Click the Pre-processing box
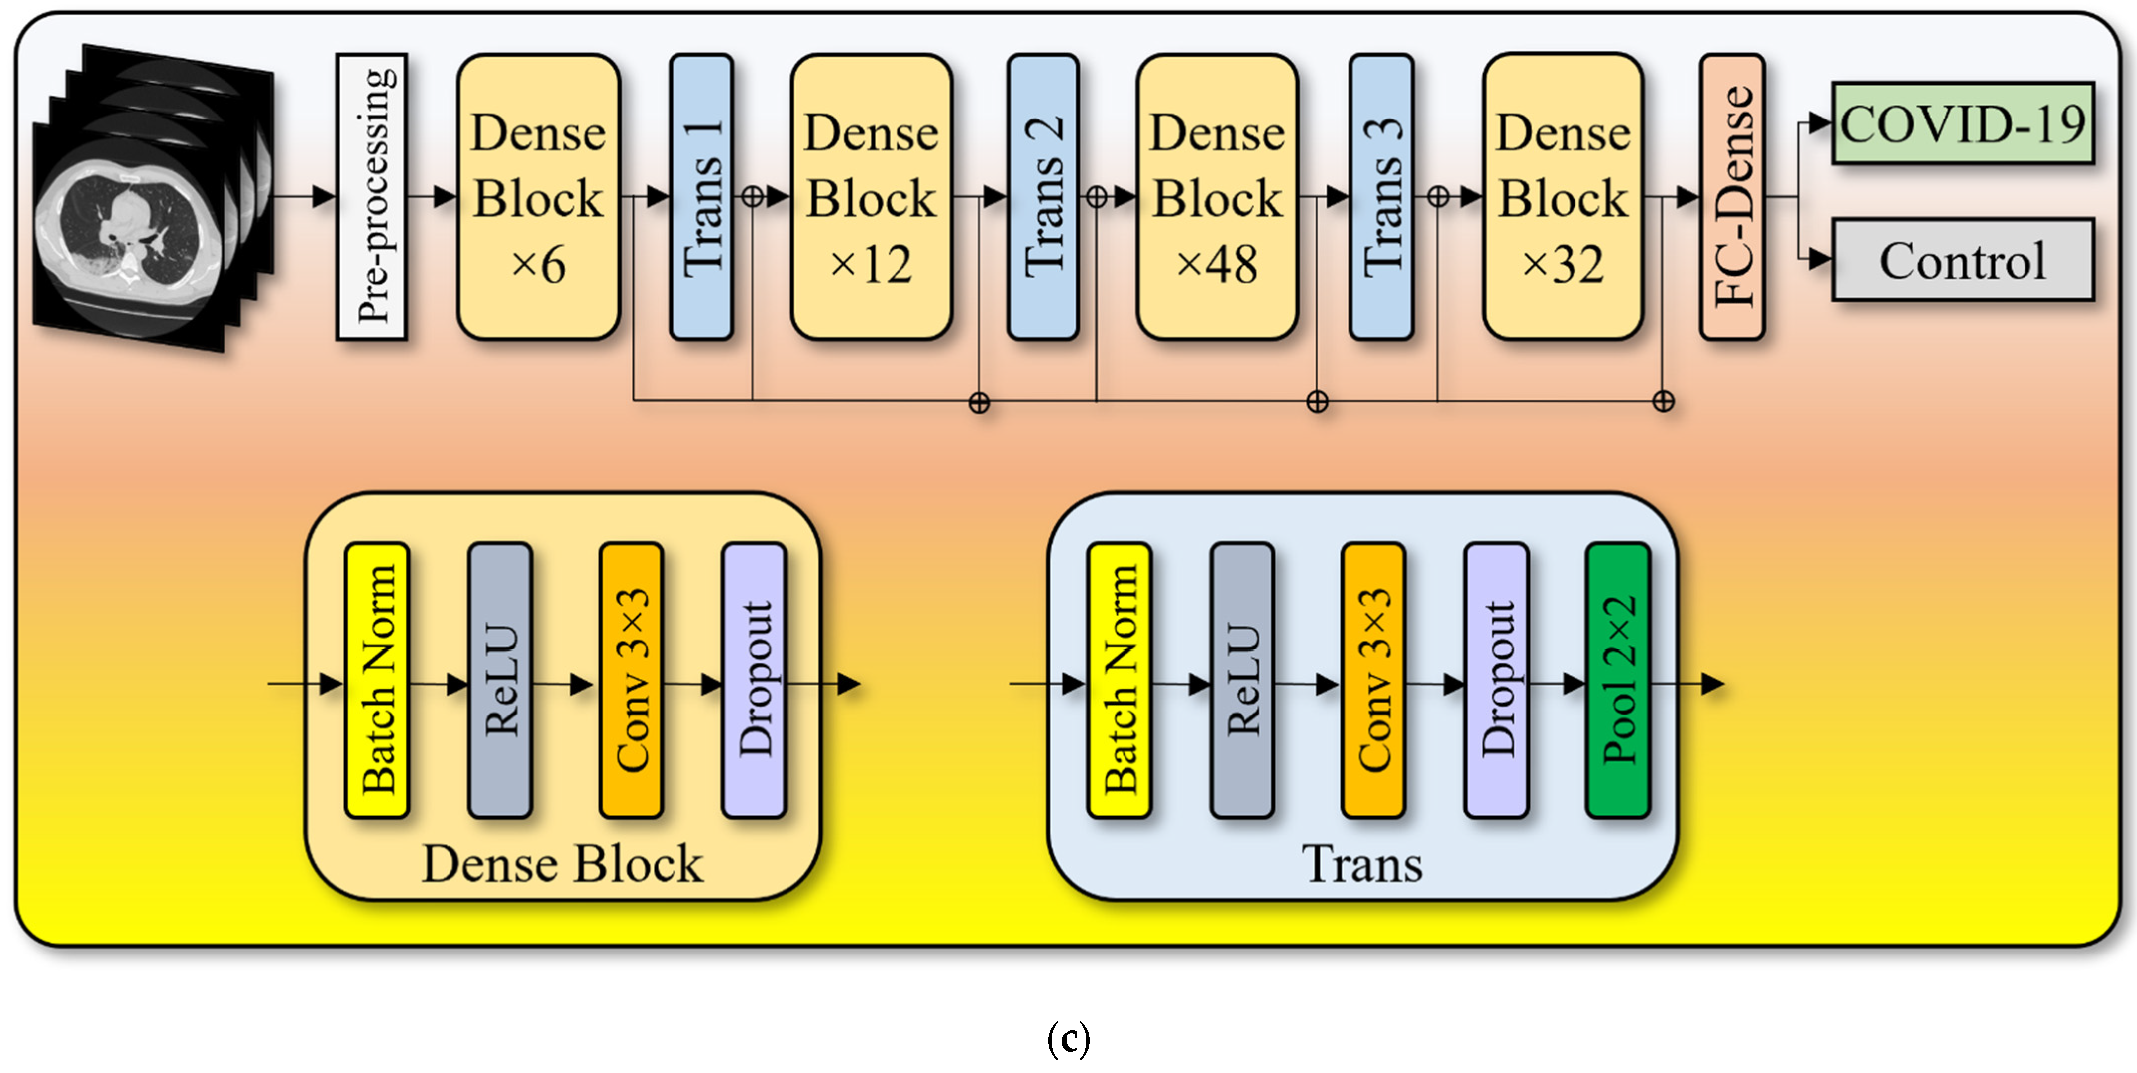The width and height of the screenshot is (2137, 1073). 371,197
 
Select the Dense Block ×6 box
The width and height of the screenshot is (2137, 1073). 539,197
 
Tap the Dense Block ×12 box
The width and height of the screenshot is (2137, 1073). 871,197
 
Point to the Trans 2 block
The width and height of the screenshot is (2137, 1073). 1043,197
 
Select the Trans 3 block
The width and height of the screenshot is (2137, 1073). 1382,197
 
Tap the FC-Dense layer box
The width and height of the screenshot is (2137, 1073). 1731,197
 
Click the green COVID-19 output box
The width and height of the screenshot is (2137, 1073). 1962,123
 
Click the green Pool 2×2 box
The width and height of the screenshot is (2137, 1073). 1618,681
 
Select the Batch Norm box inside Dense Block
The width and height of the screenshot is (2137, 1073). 377,681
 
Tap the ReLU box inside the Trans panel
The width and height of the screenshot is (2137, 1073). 1242,681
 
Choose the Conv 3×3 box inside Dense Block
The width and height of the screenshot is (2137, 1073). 631,681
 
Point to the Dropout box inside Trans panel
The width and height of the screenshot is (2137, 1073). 1496,681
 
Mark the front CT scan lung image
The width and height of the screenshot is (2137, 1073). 128,237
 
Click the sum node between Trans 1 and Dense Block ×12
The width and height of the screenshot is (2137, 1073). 753,197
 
